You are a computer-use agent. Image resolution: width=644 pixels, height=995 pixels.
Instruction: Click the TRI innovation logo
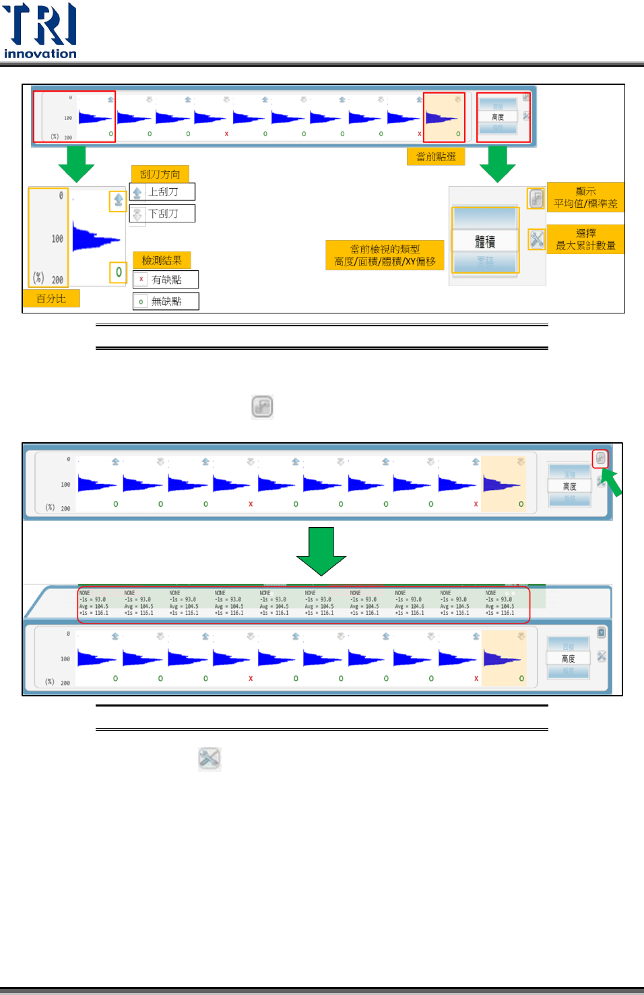click(40, 30)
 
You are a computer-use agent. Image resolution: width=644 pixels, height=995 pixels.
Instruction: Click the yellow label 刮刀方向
click(160, 174)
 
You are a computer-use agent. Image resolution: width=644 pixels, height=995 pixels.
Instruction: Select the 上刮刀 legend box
click(162, 192)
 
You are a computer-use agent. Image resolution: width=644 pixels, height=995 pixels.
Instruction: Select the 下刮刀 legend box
click(162, 214)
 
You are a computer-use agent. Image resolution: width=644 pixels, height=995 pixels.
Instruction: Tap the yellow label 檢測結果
click(162, 260)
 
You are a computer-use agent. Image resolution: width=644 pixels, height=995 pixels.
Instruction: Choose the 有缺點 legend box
click(166, 279)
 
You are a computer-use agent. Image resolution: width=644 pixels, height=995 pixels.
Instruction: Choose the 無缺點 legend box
click(166, 301)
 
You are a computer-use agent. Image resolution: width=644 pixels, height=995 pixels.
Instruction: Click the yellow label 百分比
click(51, 298)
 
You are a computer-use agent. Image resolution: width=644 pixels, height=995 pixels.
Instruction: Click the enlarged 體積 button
click(485, 241)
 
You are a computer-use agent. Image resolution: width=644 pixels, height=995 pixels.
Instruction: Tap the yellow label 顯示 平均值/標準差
click(585, 198)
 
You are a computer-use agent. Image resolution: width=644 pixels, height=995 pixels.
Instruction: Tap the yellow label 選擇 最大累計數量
click(585, 239)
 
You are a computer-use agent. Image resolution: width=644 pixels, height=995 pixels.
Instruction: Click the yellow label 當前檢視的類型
click(385, 255)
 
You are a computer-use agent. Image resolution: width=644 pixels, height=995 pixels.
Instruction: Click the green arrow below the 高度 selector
click(497, 164)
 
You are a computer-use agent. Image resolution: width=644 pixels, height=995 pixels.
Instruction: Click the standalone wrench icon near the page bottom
click(210, 758)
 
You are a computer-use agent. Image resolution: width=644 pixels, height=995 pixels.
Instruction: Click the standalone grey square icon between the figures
click(262, 407)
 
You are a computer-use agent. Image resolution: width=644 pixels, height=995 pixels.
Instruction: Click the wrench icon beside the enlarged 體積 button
click(536, 239)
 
